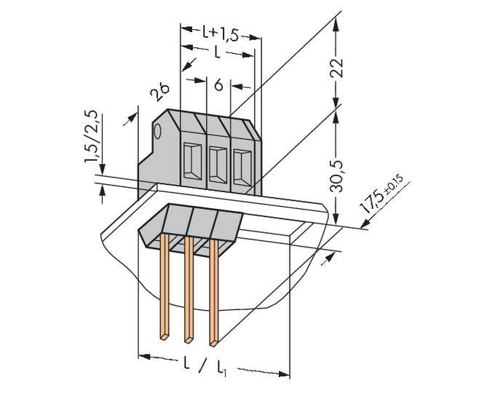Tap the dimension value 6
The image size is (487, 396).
point(218,85)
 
